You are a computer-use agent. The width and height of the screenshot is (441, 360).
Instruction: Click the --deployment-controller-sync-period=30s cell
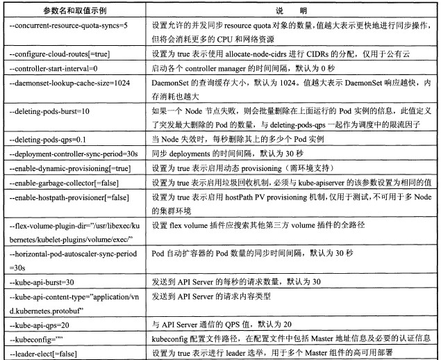[x=72, y=152]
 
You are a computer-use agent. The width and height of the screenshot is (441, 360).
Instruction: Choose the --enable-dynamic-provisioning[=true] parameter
[x=70, y=167]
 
